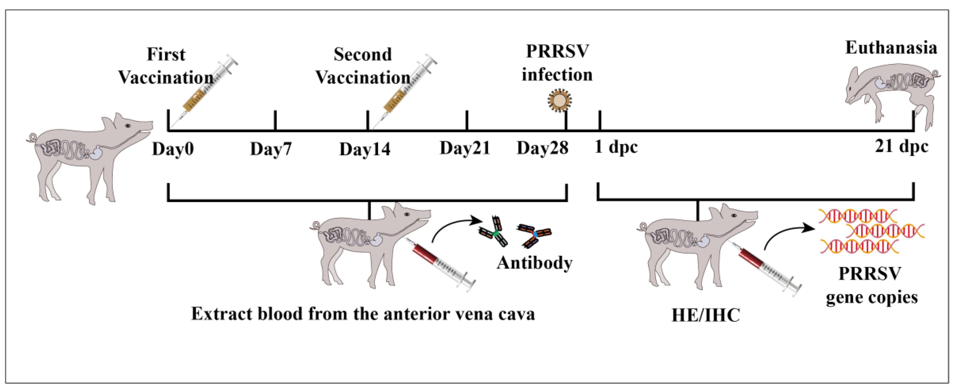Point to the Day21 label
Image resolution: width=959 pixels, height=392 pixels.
pyautogui.click(x=465, y=148)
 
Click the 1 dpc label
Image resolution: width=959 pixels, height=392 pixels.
pyautogui.click(x=616, y=147)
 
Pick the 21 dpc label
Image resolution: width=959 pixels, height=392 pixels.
pyautogui.click(x=901, y=146)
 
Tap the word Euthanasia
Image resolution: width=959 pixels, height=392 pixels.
pyautogui.click(x=891, y=48)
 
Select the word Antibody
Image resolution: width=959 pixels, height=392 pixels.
pyautogui.click(x=535, y=263)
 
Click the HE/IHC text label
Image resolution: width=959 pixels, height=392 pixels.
pyautogui.click(x=705, y=315)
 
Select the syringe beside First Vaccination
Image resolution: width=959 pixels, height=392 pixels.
pyautogui.click(x=208, y=88)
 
